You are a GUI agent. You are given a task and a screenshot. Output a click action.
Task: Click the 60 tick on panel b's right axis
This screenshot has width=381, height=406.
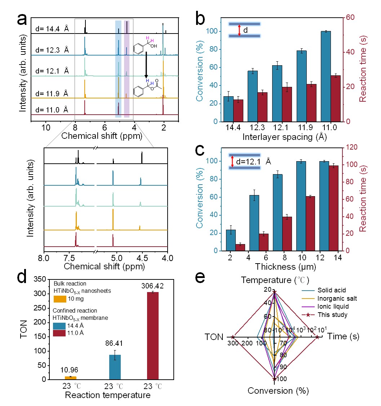[351, 17]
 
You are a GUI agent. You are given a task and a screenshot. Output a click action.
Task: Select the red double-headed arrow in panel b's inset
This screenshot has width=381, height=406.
[239, 30]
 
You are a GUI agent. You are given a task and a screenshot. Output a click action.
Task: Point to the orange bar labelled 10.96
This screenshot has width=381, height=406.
[71, 378]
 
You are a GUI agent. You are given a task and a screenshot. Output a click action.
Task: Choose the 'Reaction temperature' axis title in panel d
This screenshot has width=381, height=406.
[107, 396]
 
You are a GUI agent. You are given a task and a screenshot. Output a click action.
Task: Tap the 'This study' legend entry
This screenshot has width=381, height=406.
[332, 315]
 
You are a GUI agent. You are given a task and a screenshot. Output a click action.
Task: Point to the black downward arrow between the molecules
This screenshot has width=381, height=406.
[146, 65]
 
